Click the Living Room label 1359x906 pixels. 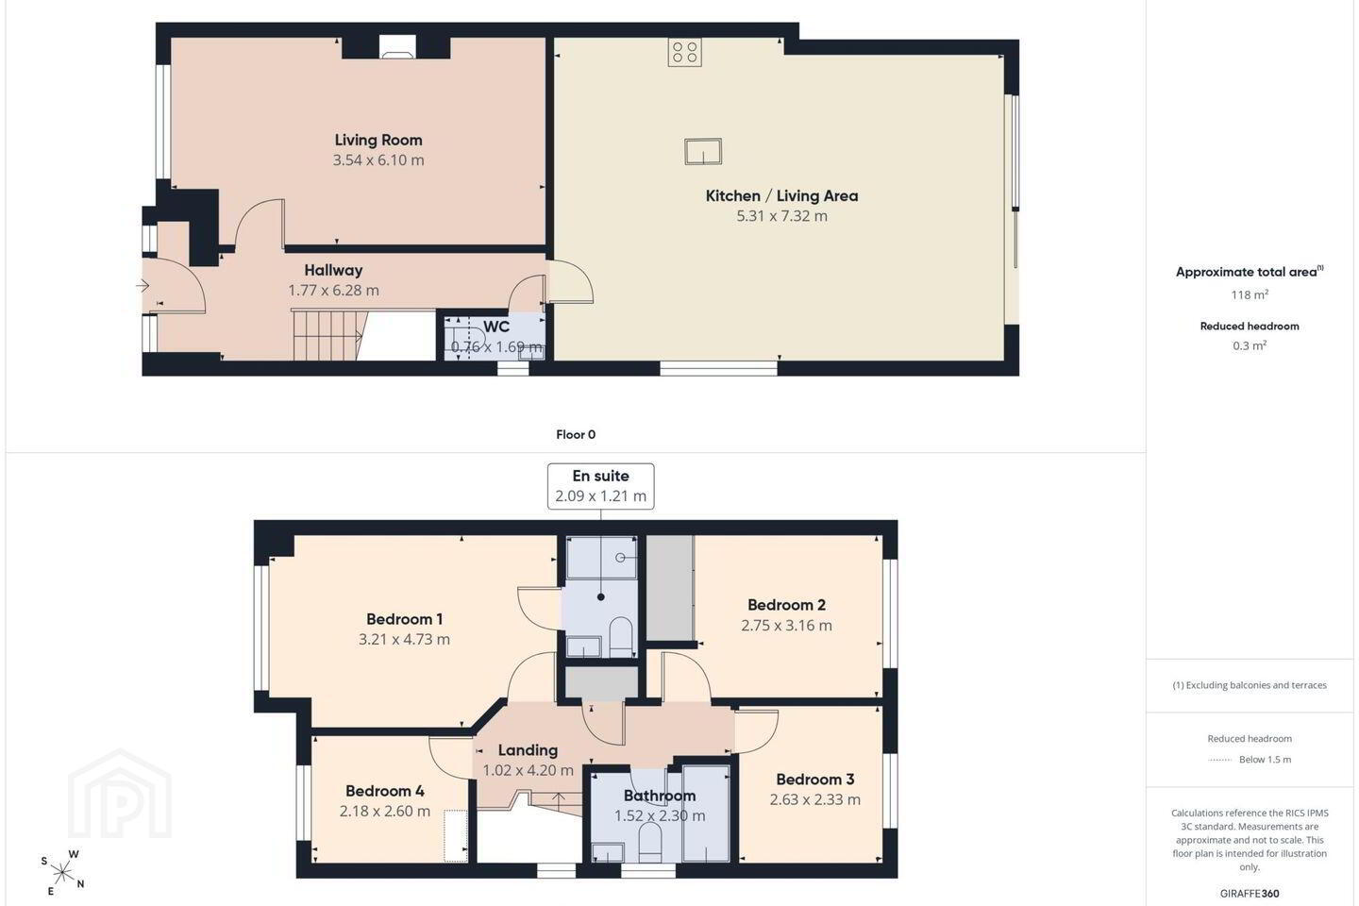pos(377,141)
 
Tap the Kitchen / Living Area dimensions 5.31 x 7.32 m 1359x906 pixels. pos(781,216)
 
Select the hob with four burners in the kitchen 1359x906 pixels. pos(685,52)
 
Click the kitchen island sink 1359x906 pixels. pos(703,151)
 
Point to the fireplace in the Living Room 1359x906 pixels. pos(397,47)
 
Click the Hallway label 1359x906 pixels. pos(333,270)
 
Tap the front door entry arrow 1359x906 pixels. pos(143,285)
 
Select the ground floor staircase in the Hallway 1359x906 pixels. pos(327,336)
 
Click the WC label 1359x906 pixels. pos(496,327)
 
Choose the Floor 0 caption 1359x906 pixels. pos(576,434)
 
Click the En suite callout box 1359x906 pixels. pos(600,486)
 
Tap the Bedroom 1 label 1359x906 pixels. pos(404,619)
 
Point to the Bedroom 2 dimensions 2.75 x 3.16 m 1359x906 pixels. pos(786,625)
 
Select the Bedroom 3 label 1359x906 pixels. pos(814,780)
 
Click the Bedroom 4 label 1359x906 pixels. pos(385,791)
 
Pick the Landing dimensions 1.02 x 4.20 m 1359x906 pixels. pos(528,770)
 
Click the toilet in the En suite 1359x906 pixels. pos(620,637)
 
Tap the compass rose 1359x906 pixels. pos(62,873)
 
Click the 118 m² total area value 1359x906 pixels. pos(1250,294)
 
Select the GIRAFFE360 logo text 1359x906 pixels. pos(1250,893)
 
